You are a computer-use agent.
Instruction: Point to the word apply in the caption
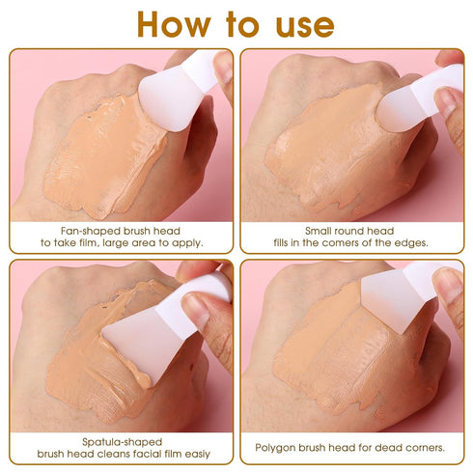click(185, 243)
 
